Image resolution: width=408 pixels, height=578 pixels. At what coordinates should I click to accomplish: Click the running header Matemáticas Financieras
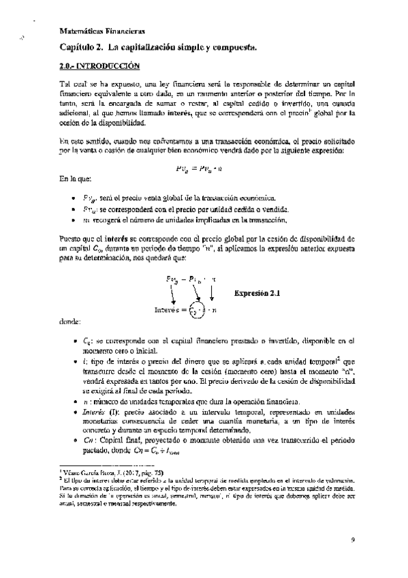click(x=101, y=31)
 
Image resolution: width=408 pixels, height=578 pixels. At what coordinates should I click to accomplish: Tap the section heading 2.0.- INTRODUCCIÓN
click(x=96, y=67)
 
